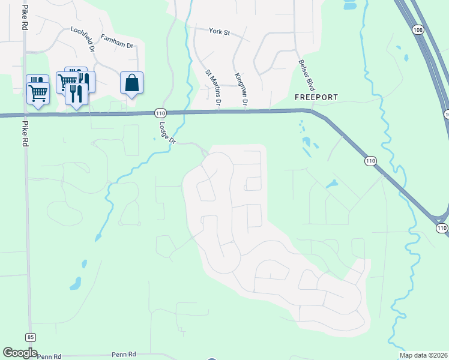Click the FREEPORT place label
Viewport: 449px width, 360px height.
[x=316, y=97]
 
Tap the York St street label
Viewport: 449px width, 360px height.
[x=220, y=31]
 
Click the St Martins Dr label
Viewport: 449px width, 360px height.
[x=213, y=88]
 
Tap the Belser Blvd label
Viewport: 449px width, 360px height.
[x=307, y=74]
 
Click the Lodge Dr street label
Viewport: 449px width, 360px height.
[x=167, y=133]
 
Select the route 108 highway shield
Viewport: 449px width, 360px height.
[x=418, y=29]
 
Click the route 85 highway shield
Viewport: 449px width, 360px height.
[x=30, y=337]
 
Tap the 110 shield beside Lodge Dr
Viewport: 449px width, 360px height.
[x=160, y=113]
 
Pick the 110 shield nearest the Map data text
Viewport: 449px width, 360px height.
[x=442, y=228]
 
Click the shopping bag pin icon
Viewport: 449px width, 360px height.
[x=132, y=83]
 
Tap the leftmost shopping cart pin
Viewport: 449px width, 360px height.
[x=37, y=92]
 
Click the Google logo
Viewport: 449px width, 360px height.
[x=20, y=353]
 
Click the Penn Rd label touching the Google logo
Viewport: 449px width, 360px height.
[x=49, y=356]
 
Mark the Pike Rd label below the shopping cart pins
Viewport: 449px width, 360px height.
[x=25, y=135]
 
